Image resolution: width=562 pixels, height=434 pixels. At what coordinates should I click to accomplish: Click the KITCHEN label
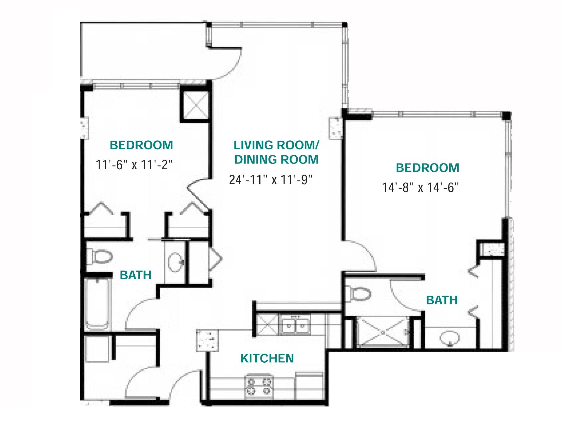267,358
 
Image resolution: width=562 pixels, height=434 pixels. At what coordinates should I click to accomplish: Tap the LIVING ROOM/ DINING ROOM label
276,152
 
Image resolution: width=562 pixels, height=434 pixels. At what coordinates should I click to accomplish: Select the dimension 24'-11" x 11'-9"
271,180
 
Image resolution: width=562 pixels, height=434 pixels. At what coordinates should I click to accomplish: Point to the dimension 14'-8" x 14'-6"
420,187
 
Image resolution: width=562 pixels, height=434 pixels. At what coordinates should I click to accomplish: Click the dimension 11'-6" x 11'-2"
134,165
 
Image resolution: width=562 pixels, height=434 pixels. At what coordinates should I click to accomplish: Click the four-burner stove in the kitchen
259,386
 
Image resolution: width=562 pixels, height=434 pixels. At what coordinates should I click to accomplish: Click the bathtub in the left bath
97,304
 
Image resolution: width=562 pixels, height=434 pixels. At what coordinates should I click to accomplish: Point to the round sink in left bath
176,262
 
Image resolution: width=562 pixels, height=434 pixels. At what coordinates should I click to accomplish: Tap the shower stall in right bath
382,333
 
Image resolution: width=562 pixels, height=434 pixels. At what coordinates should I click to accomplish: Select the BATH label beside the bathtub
136,275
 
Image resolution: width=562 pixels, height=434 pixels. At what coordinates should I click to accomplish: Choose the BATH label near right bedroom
442,300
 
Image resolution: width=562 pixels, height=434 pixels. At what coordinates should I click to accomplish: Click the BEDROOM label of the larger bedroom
427,168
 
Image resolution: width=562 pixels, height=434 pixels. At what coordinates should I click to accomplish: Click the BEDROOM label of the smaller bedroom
141,145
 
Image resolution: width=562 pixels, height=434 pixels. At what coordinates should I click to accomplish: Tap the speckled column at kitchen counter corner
208,340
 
